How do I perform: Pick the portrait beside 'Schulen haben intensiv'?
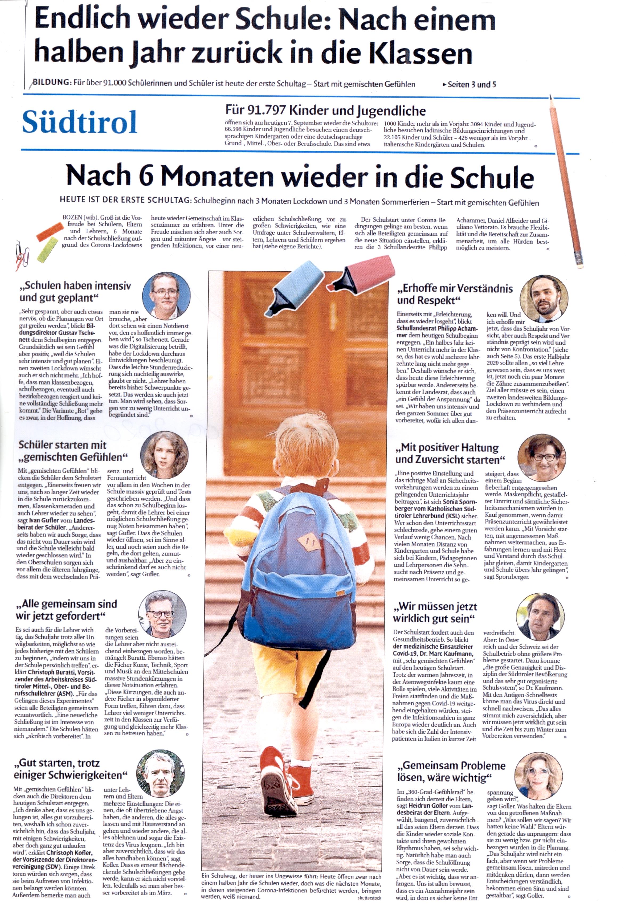coord(166,295)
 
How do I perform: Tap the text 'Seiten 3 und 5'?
coord(471,84)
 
